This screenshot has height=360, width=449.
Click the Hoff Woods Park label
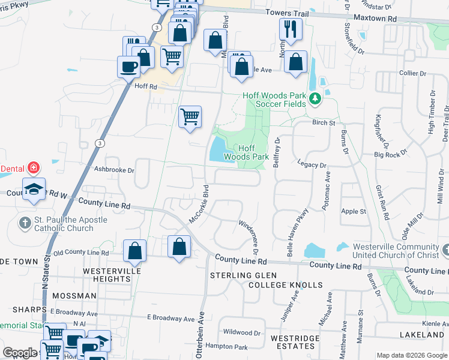coord(246,152)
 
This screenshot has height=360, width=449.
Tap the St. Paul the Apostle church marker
coord(25,224)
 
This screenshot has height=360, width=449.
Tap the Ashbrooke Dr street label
coord(114,170)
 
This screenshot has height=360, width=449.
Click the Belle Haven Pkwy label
coord(298,232)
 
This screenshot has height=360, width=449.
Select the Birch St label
coord(323,122)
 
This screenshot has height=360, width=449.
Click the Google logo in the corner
coord(19,353)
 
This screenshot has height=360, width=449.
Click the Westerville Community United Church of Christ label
coord(396,251)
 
